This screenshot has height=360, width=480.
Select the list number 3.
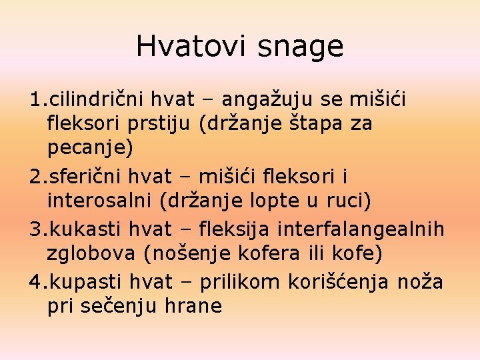[x=35, y=230]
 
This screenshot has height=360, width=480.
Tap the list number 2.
[x=35, y=177]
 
